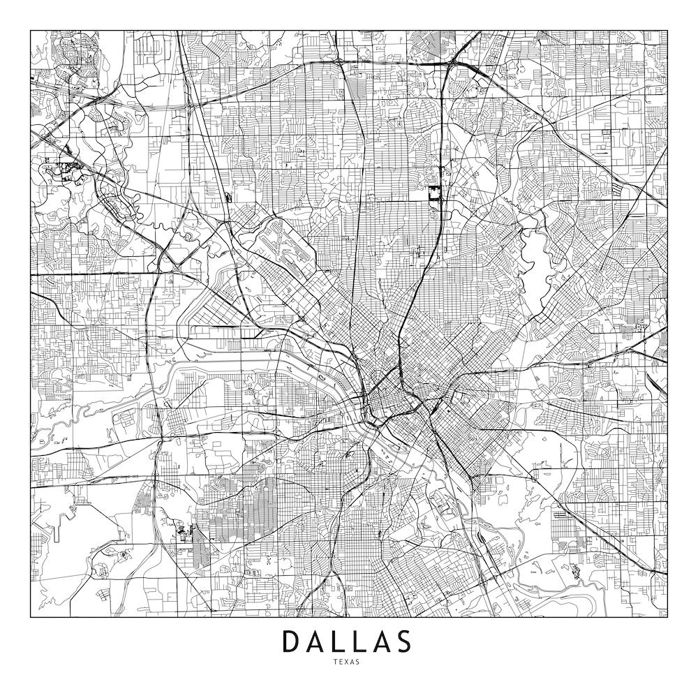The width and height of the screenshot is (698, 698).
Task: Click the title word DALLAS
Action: click(x=346, y=641)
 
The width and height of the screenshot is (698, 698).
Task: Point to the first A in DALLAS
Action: click(x=315, y=641)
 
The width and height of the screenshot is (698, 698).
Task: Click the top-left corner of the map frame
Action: click(x=31, y=31)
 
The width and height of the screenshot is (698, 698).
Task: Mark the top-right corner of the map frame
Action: click(x=667, y=31)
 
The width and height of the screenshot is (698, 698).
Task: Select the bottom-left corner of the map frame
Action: click(x=31, y=618)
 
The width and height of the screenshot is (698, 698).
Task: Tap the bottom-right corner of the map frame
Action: click(x=667, y=618)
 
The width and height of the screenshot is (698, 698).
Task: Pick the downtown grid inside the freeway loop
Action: click(x=387, y=405)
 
